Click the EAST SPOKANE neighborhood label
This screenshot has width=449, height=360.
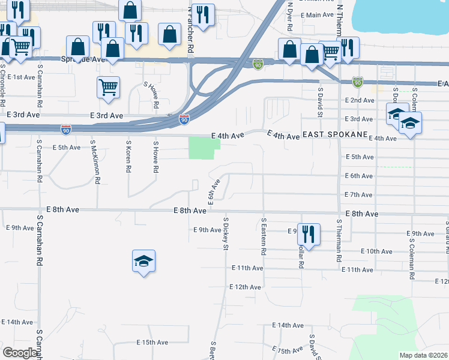click(334, 136)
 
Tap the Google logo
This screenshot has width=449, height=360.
click(20, 352)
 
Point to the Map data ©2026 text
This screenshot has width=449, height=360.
click(424, 355)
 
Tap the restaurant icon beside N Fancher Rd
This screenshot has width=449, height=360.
click(203, 16)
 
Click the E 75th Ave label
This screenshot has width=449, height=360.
click(288, 350)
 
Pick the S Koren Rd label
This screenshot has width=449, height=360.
click(128, 157)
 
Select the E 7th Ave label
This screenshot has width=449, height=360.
click(359, 194)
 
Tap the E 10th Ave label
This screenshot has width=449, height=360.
click(378, 251)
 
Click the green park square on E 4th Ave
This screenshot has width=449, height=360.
click(202, 148)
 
